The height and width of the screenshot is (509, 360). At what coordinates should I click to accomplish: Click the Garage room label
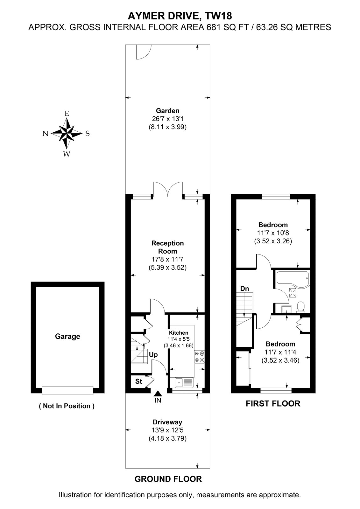coord(67,337)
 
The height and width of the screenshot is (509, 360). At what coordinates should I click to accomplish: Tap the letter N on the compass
coord(46,134)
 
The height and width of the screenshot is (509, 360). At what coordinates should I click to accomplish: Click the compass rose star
coord(67,133)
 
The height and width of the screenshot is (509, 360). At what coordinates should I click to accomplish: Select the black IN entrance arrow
coord(158,394)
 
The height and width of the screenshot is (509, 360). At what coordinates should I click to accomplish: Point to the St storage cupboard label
coord(138,381)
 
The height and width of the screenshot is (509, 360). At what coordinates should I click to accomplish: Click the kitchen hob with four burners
coord(199,357)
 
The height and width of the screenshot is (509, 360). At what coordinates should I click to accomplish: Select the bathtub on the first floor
coord(293,279)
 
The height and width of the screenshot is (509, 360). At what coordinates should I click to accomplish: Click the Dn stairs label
coord(245,289)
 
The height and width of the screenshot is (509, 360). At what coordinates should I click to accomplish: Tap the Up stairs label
coord(153,355)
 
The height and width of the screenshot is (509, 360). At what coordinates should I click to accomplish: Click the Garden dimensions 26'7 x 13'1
coord(168,119)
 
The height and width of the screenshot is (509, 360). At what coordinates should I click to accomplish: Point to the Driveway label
coord(168,422)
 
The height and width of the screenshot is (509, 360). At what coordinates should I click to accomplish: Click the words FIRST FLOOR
coord(273,404)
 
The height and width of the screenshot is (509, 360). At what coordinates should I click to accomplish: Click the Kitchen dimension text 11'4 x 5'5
coord(179,339)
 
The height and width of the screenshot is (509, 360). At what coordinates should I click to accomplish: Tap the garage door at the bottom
coord(67,391)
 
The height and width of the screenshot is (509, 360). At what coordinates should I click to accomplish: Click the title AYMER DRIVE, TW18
coord(180,16)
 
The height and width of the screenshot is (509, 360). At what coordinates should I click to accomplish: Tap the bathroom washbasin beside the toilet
coord(286,309)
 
